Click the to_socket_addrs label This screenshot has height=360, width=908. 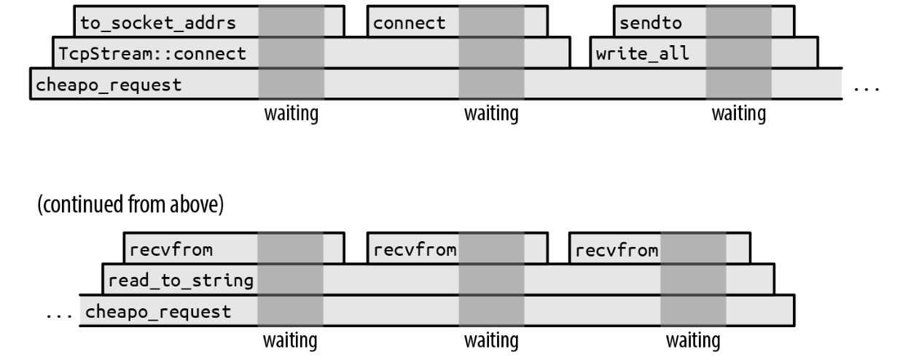158,23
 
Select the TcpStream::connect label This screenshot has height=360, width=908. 152,53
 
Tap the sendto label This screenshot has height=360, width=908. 651,23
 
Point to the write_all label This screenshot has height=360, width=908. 643,54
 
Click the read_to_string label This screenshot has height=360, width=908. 181,281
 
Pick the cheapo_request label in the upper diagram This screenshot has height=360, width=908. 109,85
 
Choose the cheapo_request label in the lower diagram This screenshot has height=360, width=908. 158,312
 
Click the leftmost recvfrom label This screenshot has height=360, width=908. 171,250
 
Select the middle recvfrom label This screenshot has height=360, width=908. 415,250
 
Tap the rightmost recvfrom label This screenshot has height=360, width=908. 617,250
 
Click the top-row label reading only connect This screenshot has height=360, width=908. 409,23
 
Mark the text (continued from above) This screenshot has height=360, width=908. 130,204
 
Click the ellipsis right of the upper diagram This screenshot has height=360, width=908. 866,89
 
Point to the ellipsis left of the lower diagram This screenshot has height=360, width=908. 59,316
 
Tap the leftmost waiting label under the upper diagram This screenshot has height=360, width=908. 291,114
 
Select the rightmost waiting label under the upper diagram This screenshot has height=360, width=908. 739,114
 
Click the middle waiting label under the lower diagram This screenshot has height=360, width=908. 491,340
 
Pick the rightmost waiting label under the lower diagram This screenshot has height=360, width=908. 693,340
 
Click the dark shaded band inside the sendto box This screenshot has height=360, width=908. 738,21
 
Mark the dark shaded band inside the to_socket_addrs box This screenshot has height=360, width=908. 291,21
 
